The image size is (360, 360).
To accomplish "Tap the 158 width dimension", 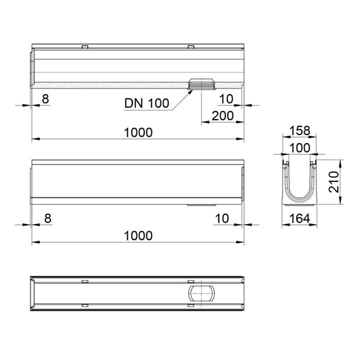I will (x=300, y=131).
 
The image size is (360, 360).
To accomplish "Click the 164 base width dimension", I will (x=300, y=218).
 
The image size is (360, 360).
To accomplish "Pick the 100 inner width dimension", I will (x=300, y=148).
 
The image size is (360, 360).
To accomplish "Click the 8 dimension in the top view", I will (x=45, y=99).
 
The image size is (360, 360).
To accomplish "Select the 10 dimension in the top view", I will (x=226, y=99).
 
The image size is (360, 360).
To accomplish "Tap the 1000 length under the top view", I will (x=138, y=132).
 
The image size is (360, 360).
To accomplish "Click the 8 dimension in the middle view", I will (x=48, y=218).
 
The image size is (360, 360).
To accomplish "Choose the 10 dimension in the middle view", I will (x=223, y=218).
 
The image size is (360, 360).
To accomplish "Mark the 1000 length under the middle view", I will (x=138, y=235).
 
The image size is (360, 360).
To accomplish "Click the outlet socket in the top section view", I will (x=201, y=85).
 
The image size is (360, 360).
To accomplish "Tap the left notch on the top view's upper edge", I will (x=84, y=47).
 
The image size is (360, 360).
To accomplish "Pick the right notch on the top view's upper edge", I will (x=190, y=47).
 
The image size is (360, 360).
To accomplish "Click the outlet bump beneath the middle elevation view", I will (x=201, y=204).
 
